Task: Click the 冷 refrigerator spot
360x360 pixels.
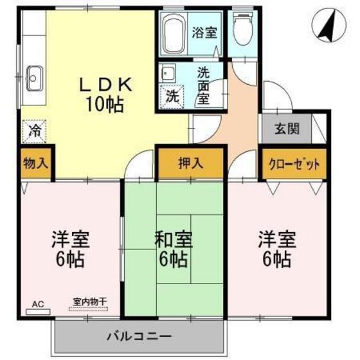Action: (34, 131)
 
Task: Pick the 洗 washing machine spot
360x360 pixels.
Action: (172, 96)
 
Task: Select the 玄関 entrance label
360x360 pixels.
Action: (287, 129)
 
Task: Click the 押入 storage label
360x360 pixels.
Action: (191, 163)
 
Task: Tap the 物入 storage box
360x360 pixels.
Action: (35, 163)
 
